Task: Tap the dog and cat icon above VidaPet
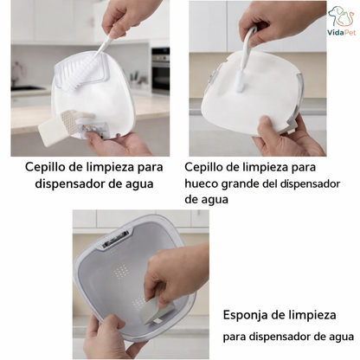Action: pos(340,16)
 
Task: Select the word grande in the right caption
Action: pos(251,183)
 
